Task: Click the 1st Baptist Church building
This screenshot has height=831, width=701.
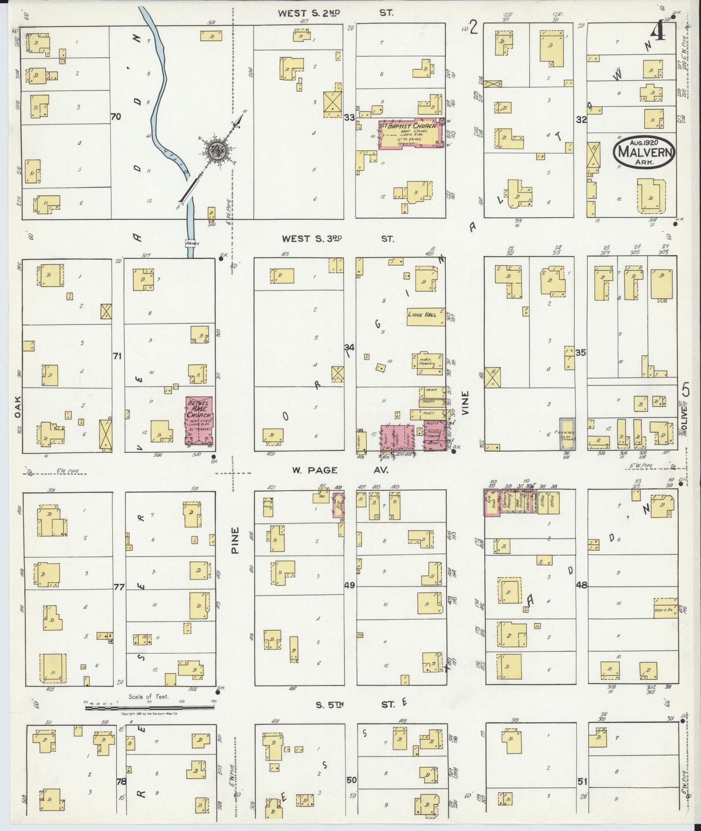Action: pos(410,133)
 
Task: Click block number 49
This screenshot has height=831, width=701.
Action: pos(350,585)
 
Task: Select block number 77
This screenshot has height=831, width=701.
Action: pos(119,587)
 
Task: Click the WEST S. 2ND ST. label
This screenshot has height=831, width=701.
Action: pos(335,14)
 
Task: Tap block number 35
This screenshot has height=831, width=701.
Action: pos(581,353)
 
